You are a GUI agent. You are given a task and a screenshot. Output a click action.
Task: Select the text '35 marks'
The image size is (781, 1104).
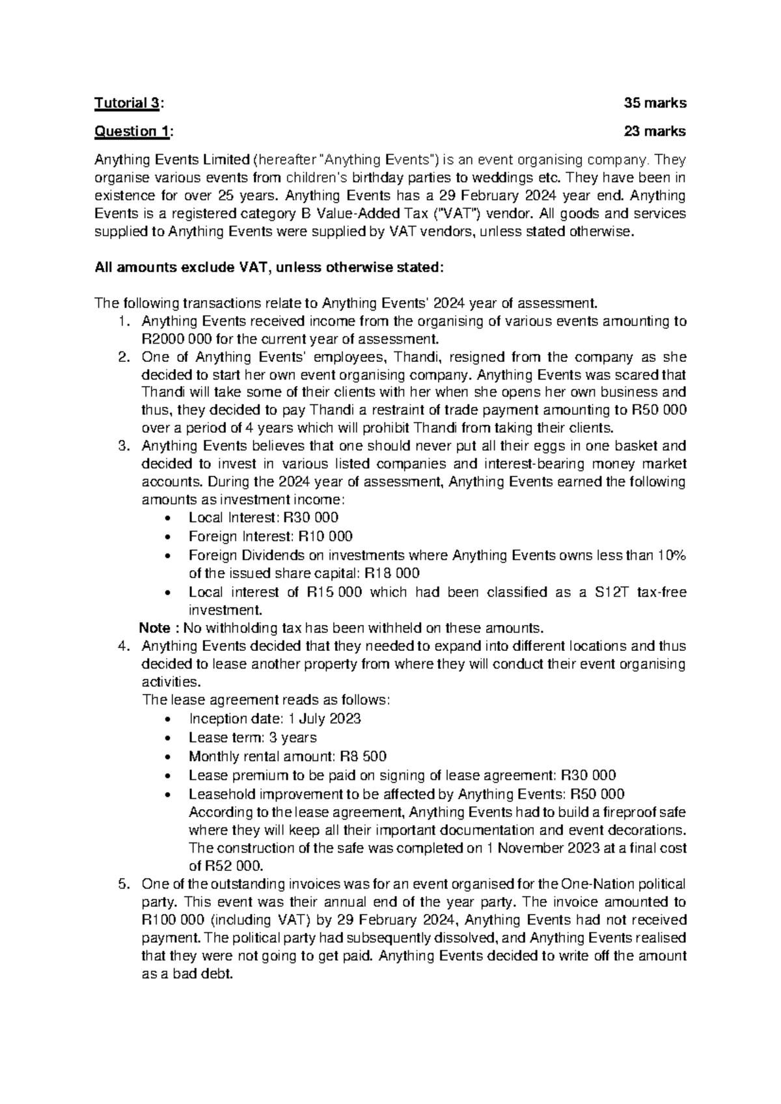pyautogui.click(x=655, y=103)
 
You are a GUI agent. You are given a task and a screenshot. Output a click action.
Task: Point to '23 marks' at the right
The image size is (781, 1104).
pyautogui.click(x=655, y=131)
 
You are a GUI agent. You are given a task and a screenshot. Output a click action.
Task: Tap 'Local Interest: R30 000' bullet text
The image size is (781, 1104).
pyautogui.click(x=263, y=517)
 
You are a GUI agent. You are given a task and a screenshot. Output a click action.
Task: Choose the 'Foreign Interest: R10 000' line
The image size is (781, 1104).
pyautogui.click(x=270, y=536)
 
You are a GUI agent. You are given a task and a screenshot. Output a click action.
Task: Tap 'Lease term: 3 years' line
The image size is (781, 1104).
pyautogui.click(x=253, y=738)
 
